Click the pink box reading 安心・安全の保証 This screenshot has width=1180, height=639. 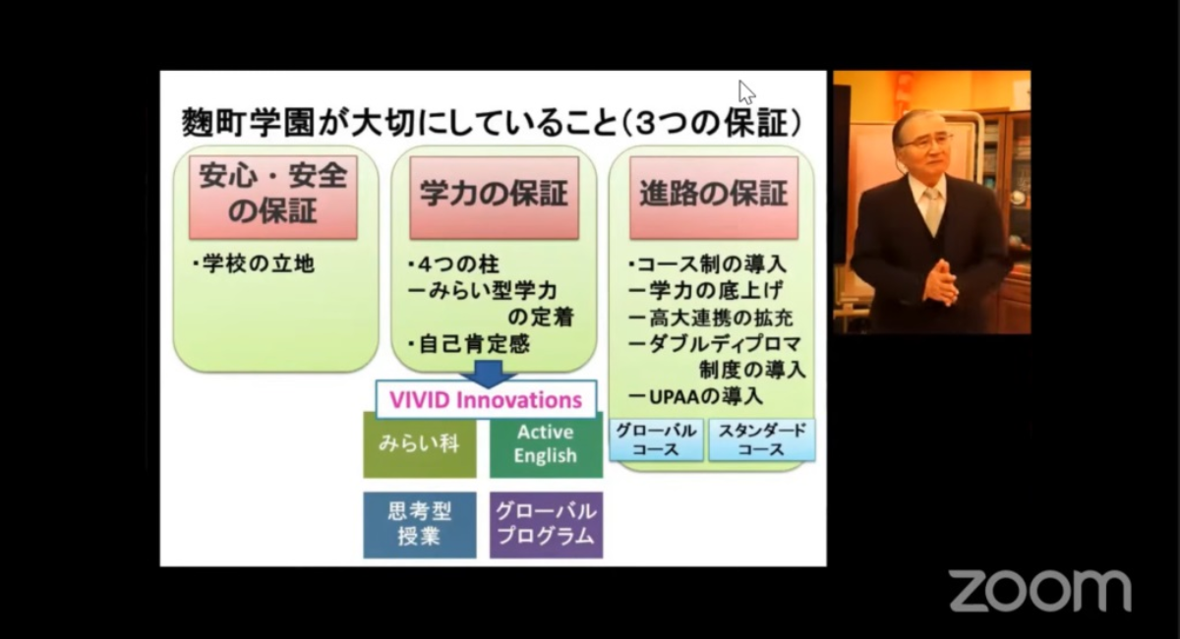(273, 198)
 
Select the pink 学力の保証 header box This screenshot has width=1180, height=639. (494, 198)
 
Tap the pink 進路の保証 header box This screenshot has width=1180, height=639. (714, 198)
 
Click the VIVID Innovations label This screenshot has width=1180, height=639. (486, 400)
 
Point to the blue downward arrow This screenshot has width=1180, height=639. (489, 373)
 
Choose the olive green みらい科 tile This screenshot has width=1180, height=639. (419, 445)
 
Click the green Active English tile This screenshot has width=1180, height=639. (547, 445)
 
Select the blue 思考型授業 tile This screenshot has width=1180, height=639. (419, 525)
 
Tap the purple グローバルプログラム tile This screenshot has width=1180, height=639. (547, 525)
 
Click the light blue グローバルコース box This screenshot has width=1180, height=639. (657, 439)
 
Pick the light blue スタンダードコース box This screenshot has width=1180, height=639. (762, 439)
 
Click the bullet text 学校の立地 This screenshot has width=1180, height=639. (253, 263)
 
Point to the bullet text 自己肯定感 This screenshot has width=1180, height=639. (468, 344)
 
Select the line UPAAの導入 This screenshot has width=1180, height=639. (695, 396)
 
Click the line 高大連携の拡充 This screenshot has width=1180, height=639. (711, 318)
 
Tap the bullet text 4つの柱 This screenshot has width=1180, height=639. (453, 263)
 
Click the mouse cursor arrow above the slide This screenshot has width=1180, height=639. (746, 92)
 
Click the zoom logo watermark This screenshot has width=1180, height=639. (1040, 591)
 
